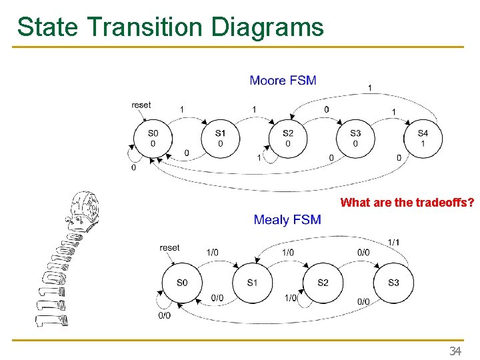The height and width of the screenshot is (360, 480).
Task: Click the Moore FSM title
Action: point(283,81)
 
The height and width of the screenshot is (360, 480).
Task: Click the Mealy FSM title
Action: point(287,219)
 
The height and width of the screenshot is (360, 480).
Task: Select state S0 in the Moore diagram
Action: point(153,138)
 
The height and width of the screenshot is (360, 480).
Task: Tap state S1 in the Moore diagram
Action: point(221,138)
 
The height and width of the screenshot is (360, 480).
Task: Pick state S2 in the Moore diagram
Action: point(288,138)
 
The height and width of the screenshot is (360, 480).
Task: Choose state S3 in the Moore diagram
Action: point(355,138)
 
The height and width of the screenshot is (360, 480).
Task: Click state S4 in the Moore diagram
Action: point(423,138)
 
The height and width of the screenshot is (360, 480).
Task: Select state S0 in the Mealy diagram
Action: point(182,283)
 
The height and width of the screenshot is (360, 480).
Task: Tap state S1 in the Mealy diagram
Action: point(252,283)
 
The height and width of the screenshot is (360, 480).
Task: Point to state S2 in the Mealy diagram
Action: point(323,283)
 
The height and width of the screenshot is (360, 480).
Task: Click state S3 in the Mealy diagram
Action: point(393,283)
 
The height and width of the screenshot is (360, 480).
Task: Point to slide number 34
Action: point(455,351)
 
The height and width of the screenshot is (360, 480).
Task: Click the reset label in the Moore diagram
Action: point(141,105)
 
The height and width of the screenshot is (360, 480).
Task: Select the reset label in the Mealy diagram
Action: point(169,248)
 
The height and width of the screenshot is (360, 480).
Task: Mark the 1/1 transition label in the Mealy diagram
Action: point(394,241)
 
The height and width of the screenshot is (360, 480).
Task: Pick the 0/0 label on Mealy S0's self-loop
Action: point(164,315)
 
